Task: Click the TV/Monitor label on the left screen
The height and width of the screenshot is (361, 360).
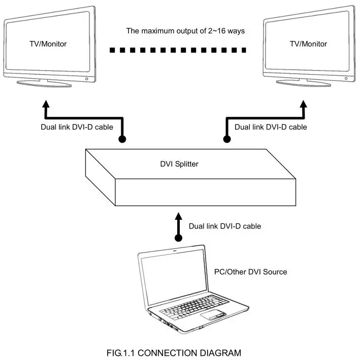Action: (48, 44)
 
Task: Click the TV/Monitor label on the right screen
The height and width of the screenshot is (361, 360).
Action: (308, 44)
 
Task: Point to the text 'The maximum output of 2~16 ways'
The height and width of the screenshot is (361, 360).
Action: (185, 31)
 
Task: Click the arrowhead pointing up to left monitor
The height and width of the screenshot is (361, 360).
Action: (46, 106)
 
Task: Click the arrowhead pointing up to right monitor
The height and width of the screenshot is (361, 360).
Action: (304, 106)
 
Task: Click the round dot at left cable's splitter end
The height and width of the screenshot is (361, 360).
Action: (122, 139)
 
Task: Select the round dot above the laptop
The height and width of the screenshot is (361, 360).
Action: (178, 237)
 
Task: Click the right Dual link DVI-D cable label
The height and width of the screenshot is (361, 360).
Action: (271, 127)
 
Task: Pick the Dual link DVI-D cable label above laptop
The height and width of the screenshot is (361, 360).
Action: (224, 226)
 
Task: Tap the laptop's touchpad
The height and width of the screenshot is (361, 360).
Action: (214, 315)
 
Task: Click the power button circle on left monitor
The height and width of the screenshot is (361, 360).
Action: (86, 79)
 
